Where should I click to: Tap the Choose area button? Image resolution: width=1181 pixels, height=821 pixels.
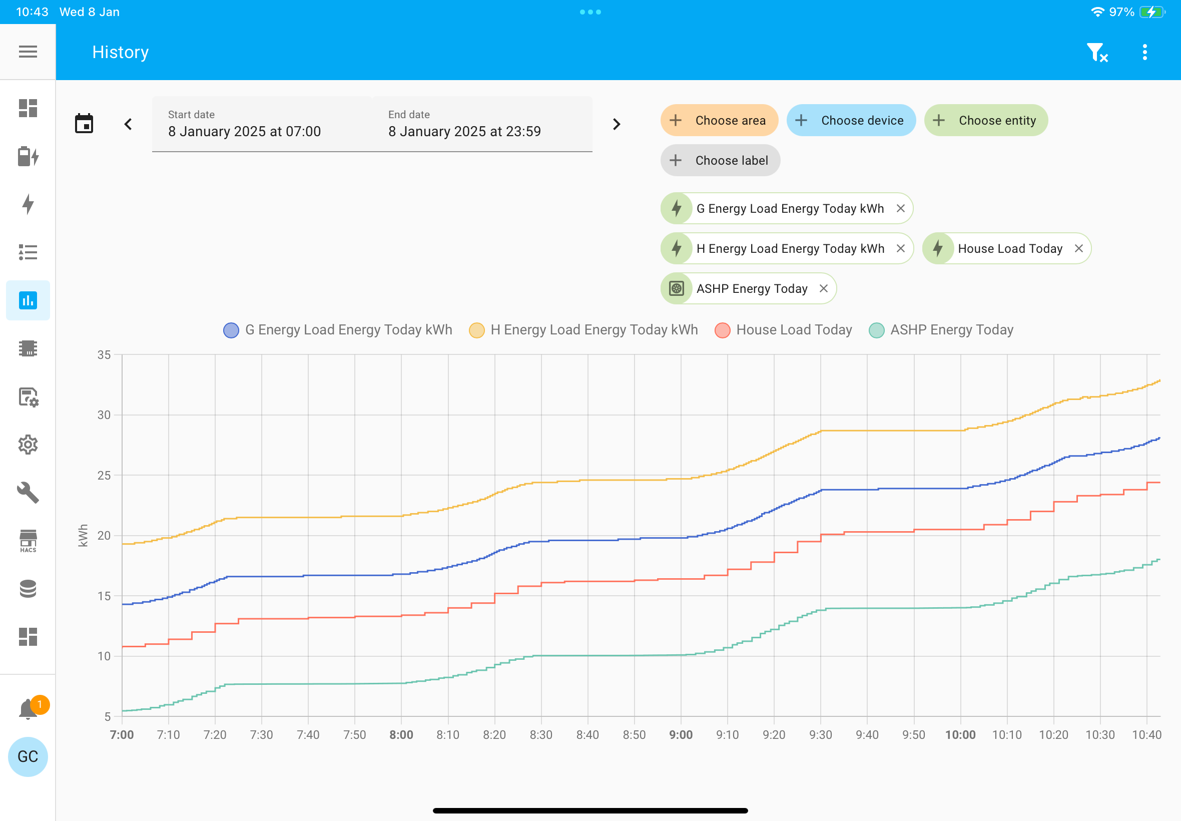pyautogui.click(x=719, y=120)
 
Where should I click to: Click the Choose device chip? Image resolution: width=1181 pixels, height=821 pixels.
pyautogui.click(x=851, y=120)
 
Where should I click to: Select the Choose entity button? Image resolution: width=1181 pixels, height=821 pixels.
pyautogui.click(x=986, y=120)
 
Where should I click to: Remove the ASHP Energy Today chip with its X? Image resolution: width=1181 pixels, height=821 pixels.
pyautogui.click(x=824, y=288)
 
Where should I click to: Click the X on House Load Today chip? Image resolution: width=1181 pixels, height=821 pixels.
pyautogui.click(x=1079, y=248)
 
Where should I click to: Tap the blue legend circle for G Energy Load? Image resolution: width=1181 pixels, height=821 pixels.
pyautogui.click(x=231, y=330)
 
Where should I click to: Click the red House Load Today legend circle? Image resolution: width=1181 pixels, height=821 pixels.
pyautogui.click(x=723, y=330)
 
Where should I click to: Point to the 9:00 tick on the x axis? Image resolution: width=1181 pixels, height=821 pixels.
pyautogui.click(x=681, y=734)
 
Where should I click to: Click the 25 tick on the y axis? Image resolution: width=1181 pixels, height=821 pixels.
pyautogui.click(x=104, y=475)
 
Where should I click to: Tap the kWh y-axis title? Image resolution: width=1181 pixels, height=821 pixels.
pyautogui.click(x=83, y=536)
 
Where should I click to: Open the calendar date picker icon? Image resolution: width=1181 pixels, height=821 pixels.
pyautogui.click(x=84, y=124)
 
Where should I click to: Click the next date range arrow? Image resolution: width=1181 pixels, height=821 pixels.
pyautogui.click(x=617, y=124)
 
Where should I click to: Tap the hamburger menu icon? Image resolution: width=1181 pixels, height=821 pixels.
pyautogui.click(x=28, y=52)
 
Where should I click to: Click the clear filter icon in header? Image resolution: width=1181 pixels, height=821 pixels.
pyautogui.click(x=1097, y=52)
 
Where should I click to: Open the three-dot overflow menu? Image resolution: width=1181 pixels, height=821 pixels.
pyautogui.click(x=1144, y=52)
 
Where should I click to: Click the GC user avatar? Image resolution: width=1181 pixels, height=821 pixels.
pyautogui.click(x=28, y=756)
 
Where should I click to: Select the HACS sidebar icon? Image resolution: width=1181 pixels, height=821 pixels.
pyautogui.click(x=28, y=541)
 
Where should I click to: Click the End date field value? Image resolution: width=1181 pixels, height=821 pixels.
pyautogui.click(x=464, y=132)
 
